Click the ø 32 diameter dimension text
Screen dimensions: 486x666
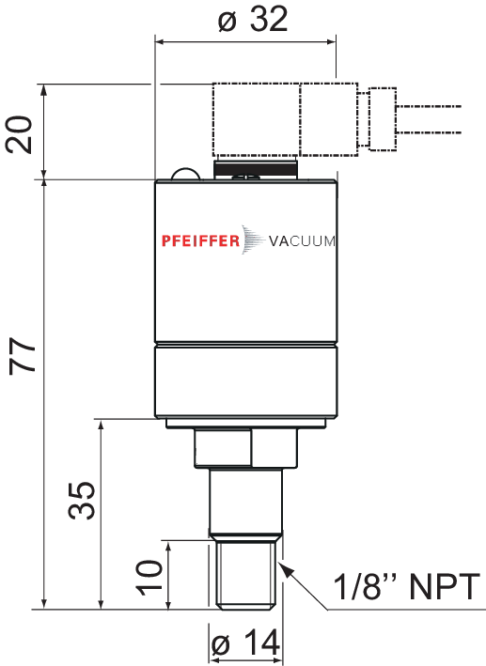[x=253, y=20]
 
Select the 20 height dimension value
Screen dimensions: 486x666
[x=19, y=134]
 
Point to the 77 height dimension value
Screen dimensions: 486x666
[x=23, y=356]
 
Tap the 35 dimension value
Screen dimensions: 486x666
[x=82, y=501]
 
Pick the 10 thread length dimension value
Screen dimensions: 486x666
[x=149, y=577]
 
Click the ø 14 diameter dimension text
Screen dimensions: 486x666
[x=245, y=643]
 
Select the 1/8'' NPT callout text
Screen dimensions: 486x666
[x=406, y=586]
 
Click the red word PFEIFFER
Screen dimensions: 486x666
[x=200, y=240]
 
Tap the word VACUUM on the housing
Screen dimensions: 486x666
[x=302, y=241]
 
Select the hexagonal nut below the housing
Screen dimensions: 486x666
[x=246, y=448]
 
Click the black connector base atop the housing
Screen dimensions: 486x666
[x=256, y=168]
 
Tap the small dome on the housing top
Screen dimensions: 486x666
[x=185, y=174]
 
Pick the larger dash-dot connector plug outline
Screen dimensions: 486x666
[x=285, y=120]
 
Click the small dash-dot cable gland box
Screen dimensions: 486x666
[x=383, y=119]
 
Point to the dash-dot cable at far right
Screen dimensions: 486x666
[x=429, y=119]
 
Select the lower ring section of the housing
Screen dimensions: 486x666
[x=246, y=381]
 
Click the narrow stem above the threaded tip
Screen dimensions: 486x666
[x=245, y=501]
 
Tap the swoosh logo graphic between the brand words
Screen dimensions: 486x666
[x=254, y=240]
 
